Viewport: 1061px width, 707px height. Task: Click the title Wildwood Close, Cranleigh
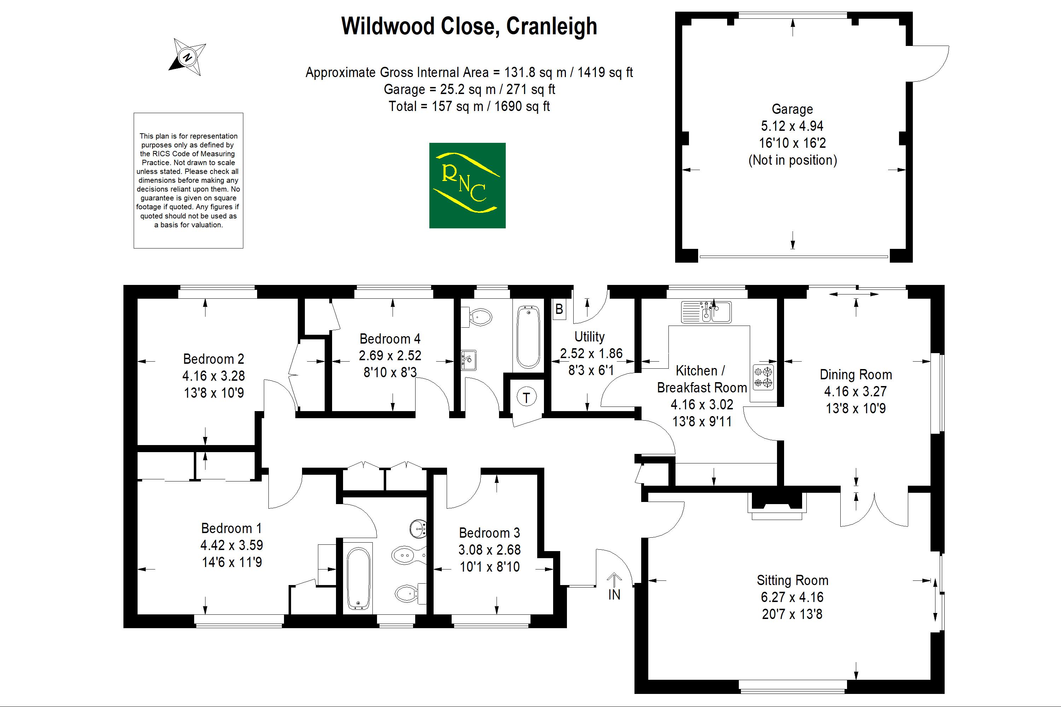(x=469, y=26)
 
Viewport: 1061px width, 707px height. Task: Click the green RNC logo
(x=467, y=185)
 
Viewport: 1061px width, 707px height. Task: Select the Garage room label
(x=792, y=109)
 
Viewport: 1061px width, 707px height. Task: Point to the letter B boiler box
(x=559, y=309)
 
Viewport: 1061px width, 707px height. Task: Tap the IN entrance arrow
(x=614, y=586)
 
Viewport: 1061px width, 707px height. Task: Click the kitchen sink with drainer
(x=706, y=312)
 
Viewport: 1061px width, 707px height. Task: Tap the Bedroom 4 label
(x=390, y=339)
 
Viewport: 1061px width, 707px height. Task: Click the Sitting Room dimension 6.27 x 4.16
(x=792, y=597)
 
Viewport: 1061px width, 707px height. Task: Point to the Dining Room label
(x=856, y=375)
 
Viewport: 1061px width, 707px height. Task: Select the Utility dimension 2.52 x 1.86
(x=591, y=353)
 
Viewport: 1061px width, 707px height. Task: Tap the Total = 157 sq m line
(x=469, y=106)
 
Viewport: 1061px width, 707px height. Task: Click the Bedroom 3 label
(x=489, y=533)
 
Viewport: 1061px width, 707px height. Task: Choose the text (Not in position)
(x=792, y=160)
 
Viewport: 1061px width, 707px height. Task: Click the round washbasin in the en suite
(x=418, y=528)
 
